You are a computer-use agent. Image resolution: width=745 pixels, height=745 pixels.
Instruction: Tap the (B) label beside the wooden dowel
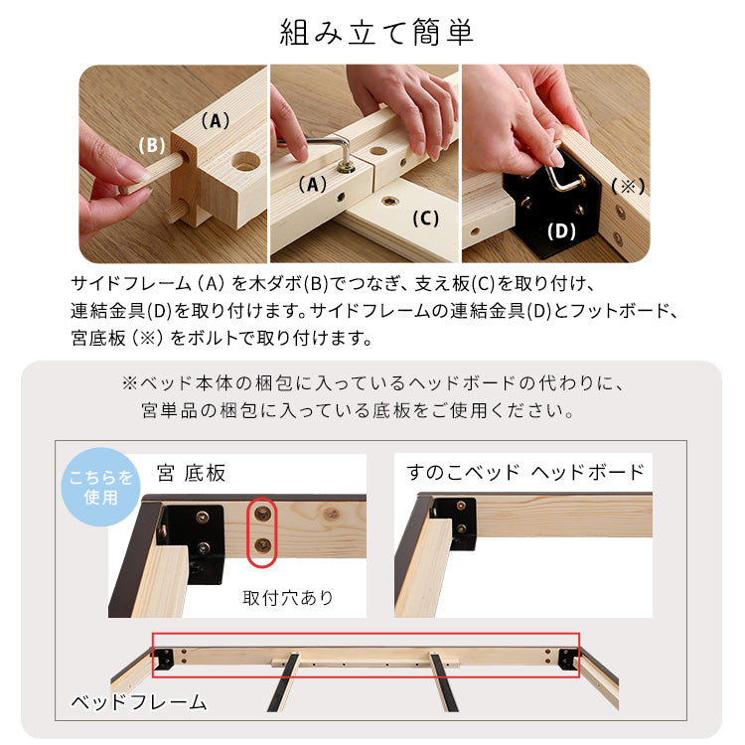[x=151, y=145]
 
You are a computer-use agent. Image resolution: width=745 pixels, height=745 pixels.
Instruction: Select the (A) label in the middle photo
[x=312, y=184]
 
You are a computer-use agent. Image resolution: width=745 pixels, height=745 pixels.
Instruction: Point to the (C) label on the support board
[x=424, y=219]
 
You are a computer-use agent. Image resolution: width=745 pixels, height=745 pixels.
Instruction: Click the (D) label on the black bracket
[x=561, y=231]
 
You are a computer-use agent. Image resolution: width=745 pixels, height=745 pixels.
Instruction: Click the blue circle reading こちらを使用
[x=101, y=487]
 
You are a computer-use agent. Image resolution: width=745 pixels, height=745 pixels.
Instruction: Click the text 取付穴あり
[x=289, y=598]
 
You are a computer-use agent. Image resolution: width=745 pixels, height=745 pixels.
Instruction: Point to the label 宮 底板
[x=191, y=473]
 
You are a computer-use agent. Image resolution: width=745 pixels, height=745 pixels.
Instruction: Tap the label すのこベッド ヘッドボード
[x=525, y=472]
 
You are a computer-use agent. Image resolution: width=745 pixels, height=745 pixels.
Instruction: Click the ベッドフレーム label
[x=139, y=702]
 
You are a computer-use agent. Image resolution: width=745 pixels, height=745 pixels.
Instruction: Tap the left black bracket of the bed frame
[x=164, y=658]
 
